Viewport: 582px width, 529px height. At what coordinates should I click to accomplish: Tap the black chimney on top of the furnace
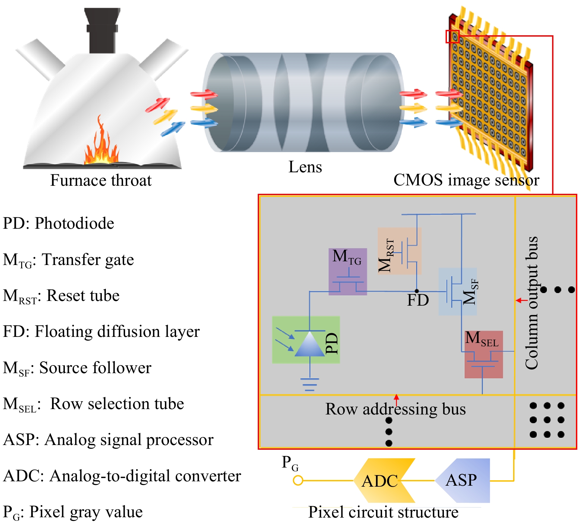102,30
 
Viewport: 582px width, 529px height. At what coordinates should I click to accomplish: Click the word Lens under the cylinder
305,167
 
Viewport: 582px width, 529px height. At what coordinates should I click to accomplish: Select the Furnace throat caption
101,180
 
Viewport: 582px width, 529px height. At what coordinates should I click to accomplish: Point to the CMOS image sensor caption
466,180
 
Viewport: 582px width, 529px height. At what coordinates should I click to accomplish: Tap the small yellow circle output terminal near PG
298,481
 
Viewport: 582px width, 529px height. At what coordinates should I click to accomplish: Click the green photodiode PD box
305,340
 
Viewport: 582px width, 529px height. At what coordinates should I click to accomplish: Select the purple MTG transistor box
347,272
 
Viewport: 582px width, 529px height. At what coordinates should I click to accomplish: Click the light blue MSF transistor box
457,291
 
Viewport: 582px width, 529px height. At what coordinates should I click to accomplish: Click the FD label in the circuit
418,300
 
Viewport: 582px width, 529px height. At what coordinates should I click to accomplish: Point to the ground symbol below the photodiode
309,384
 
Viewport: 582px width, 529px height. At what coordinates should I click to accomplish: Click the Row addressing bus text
395,409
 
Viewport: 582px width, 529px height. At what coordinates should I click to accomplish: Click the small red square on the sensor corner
452,36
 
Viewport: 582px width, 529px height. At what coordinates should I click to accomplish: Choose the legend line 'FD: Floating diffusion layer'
101,332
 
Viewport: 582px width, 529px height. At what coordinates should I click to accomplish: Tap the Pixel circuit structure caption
383,512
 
